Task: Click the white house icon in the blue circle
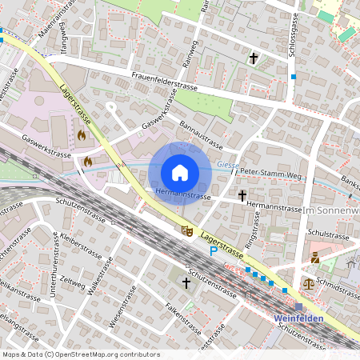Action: pos(180,172)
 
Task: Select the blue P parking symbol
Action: pos(214,251)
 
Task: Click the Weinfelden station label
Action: pos(298,318)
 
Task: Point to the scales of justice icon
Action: pos(309,282)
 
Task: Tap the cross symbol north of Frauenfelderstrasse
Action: pos(254,58)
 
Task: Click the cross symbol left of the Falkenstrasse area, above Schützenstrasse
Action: pos(186,282)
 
